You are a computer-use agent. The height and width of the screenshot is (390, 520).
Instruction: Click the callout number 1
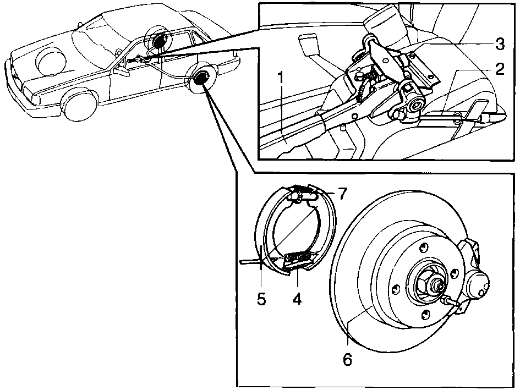click(281, 78)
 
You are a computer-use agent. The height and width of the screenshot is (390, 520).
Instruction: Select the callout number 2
click(499, 69)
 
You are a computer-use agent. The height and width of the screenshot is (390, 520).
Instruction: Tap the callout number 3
click(500, 44)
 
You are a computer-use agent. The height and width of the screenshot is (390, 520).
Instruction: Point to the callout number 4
click(297, 299)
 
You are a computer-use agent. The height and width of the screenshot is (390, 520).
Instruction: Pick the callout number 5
click(261, 299)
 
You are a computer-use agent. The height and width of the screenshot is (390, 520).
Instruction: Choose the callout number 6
click(347, 359)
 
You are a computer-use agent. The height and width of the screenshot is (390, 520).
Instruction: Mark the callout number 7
click(342, 194)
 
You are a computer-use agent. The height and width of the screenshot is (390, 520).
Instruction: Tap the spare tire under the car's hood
click(51, 61)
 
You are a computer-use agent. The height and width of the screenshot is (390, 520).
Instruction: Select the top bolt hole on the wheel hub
click(423, 247)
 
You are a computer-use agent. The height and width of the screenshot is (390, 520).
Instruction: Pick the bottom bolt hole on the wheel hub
click(425, 313)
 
